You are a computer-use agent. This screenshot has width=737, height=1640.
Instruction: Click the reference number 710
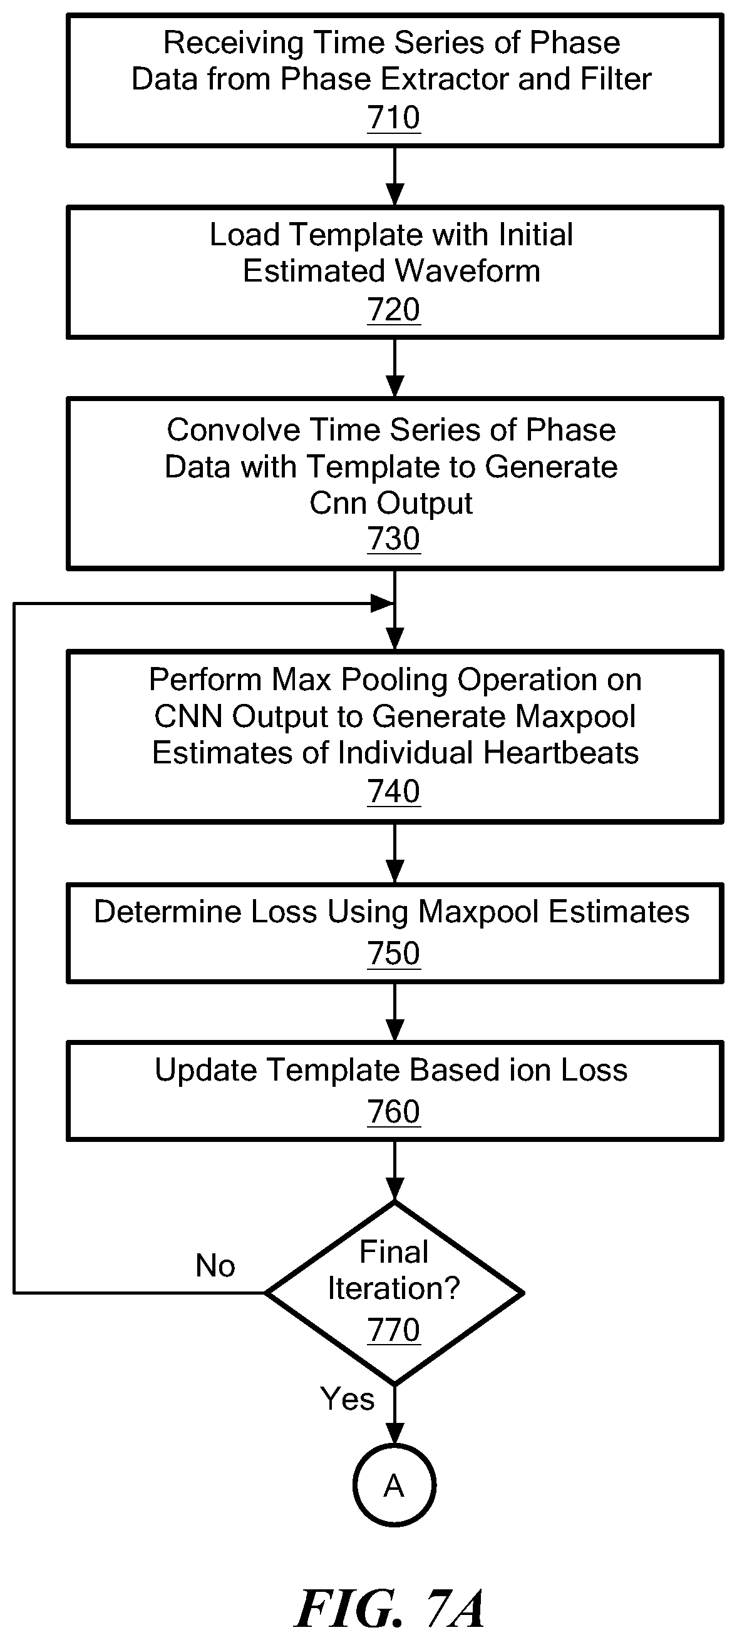(394, 118)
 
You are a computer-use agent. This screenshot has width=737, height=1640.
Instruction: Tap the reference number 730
(394, 539)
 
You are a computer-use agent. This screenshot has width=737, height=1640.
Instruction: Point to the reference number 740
(394, 792)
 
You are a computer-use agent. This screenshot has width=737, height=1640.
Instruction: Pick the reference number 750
(394, 954)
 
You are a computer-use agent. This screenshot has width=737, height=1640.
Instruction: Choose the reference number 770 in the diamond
(394, 1330)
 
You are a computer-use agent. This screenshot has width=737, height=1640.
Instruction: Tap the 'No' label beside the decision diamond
(215, 1266)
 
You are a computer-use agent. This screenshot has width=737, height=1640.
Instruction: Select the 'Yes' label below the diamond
(347, 1399)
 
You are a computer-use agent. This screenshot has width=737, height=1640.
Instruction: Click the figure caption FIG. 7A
(390, 1608)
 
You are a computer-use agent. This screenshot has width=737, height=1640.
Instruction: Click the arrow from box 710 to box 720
(395, 176)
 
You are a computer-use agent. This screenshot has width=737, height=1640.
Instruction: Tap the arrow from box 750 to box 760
(395, 1012)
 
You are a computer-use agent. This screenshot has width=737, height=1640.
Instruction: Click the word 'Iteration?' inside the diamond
(394, 1288)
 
